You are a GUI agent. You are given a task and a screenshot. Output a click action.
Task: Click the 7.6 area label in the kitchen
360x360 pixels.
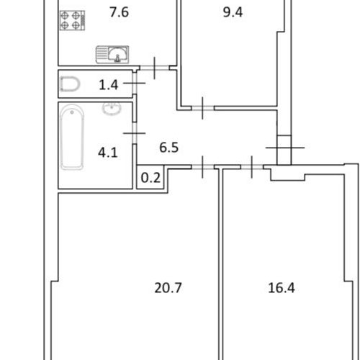pyautogui.click(x=120, y=12)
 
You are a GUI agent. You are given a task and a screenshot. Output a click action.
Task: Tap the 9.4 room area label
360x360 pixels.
pyautogui.click(x=233, y=12)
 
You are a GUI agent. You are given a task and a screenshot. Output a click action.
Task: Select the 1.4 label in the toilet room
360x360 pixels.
pyautogui.click(x=109, y=85)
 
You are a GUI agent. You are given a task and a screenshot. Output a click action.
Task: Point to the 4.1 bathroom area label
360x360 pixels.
pyautogui.click(x=108, y=153)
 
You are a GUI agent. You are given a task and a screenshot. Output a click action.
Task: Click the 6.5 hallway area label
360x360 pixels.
pyautogui.click(x=169, y=148)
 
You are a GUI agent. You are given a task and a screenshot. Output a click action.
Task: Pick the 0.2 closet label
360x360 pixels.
pyautogui.click(x=150, y=178)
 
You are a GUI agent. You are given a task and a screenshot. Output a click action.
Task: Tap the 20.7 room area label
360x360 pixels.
pyautogui.click(x=168, y=288)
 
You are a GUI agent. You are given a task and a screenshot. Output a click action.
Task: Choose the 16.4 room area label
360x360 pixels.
pyautogui.click(x=282, y=288)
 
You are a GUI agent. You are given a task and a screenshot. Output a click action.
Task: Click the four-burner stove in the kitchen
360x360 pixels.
pyautogui.click(x=72, y=20)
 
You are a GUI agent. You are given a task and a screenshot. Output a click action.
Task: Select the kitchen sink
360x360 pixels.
pyautogui.click(x=112, y=55)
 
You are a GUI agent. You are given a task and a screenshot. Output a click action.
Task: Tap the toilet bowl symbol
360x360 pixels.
pyautogui.click(x=70, y=84)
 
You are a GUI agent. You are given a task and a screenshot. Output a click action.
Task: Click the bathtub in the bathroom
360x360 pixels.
pyautogui.click(x=72, y=137)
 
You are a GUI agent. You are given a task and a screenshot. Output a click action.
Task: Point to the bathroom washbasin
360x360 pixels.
pyautogui.click(x=112, y=109)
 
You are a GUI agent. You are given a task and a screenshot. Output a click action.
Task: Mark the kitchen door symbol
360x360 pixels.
pyautogui.click(x=154, y=68)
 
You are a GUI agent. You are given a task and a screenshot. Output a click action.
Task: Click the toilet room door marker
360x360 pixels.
pyautogui.click(x=135, y=83)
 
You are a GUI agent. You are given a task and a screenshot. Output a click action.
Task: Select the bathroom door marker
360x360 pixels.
pyautogui.click(x=135, y=133)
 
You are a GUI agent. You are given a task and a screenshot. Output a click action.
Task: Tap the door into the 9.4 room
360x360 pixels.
pyautogui.click(x=203, y=108)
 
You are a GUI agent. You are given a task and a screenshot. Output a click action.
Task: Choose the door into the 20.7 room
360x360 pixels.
pyautogui.click(x=203, y=167)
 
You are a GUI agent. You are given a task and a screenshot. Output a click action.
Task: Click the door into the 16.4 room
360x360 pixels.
pyautogui.click(x=252, y=167)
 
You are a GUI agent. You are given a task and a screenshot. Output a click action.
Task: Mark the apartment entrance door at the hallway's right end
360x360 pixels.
pyautogui.click(x=284, y=148)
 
